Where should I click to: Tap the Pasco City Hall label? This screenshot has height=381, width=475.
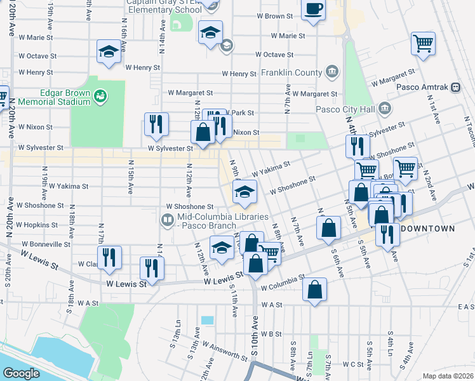tap(345, 109)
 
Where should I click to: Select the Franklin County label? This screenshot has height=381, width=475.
tap(291, 72)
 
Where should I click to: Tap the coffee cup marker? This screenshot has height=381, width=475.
tap(313, 11)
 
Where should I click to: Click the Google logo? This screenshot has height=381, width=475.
tap(21, 373)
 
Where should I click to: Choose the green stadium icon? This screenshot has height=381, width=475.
tap(100, 97)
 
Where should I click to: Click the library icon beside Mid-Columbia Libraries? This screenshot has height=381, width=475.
tap(168, 220)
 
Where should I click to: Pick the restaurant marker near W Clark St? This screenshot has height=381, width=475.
tap(109, 257)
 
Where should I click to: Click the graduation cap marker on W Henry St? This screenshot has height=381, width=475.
tap(109, 51)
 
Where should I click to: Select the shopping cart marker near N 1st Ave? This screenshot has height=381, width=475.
tap(423, 44)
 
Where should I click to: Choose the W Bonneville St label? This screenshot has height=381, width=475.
tap(46, 244)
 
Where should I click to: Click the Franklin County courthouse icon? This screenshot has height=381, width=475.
tap(331, 72)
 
